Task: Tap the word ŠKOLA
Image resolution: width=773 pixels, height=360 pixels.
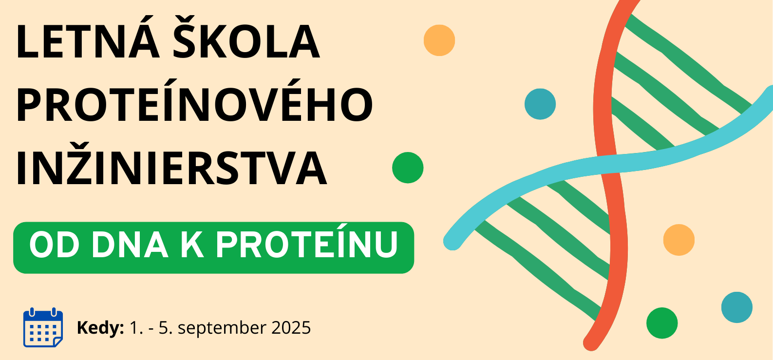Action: (x=246, y=38)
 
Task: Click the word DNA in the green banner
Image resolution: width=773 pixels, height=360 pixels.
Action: (x=130, y=246)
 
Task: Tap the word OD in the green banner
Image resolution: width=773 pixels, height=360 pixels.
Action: (x=54, y=246)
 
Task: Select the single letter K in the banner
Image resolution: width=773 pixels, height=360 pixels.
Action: (x=192, y=246)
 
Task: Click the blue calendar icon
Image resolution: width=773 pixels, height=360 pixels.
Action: (x=43, y=327)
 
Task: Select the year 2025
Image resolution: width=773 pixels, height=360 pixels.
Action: (x=291, y=327)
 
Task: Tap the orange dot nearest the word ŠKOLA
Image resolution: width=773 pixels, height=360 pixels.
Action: (x=439, y=40)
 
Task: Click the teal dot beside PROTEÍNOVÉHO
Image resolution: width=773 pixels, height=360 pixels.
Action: (x=540, y=104)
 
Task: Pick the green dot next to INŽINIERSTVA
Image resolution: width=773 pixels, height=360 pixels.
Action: (x=408, y=168)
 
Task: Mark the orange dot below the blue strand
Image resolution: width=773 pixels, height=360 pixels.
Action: (x=679, y=240)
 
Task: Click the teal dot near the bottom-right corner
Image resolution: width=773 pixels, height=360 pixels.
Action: (x=737, y=307)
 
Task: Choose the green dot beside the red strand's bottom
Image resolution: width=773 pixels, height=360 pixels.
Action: (x=662, y=323)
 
